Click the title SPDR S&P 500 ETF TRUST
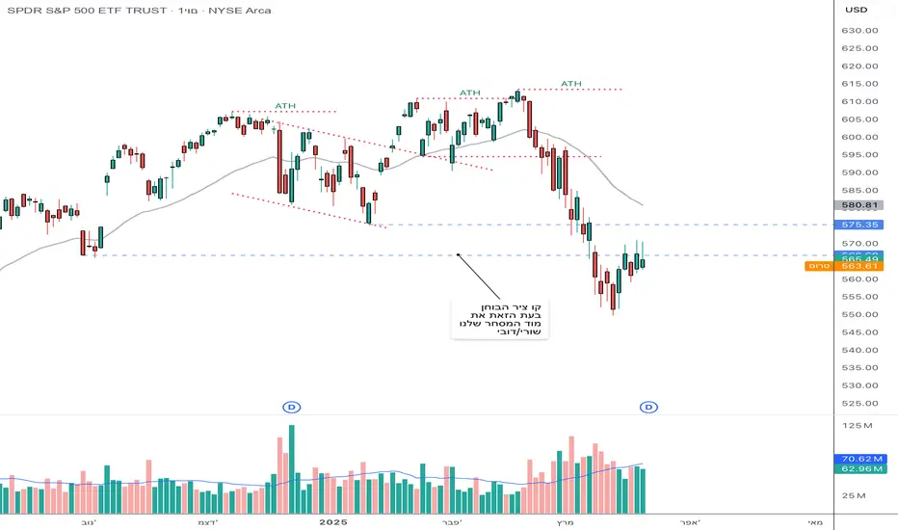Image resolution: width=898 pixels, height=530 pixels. click(86, 11)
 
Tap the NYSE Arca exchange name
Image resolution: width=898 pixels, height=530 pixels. click(242, 11)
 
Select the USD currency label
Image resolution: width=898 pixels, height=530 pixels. click(856, 10)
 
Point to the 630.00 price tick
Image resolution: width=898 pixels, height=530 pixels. click(858, 30)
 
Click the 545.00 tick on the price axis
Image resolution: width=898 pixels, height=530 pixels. click(858, 332)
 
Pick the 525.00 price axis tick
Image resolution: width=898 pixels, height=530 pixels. click(858, 403)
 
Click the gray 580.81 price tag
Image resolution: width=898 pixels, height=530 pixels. click(858, 205)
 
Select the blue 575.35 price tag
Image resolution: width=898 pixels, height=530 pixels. click(858, 225)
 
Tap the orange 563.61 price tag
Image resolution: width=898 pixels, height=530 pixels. click(858, 266)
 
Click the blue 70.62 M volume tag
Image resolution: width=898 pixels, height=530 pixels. click(858, 460)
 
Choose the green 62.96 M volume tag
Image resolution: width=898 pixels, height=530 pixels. click(858, 470)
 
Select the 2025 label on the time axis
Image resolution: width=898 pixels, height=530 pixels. click(332, 521)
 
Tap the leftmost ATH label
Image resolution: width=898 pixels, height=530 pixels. click(285, 106)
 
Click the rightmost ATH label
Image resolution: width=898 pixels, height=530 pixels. click(571, 84)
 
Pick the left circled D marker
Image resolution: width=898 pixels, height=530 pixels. click(290, 408)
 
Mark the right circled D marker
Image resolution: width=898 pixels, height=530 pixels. click(649, 408)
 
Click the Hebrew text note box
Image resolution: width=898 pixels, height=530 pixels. click(499, 320)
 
